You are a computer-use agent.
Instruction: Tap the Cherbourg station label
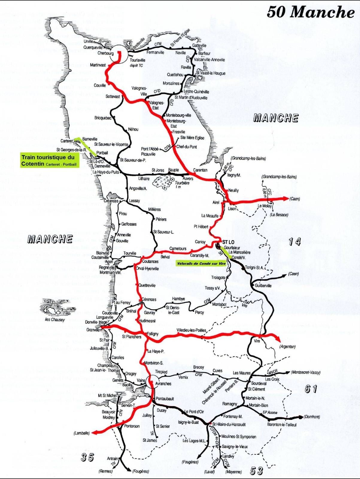click(105, 53)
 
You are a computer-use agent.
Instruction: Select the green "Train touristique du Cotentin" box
click(50, 160)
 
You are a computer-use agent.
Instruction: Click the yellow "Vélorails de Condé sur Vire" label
click(201, 263)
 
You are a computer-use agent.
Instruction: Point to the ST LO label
click(228, 242)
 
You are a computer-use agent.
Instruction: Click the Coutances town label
click(150, 261)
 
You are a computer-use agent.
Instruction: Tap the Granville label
click(93, 330)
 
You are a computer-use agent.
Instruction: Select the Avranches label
click(163, 383)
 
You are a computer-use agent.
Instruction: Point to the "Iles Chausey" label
click(55, 320)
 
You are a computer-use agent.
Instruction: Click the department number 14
click(294, 242)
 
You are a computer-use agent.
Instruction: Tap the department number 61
click(311, 389)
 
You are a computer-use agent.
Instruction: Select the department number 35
click(87, 457)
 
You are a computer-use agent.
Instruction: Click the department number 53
click(256, 471)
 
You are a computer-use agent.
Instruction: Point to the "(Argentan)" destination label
click(288, 347)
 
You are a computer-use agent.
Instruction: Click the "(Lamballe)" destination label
click(81, 433)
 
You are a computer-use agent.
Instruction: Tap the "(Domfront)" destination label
click(312, 417)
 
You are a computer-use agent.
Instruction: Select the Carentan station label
click(200, 170)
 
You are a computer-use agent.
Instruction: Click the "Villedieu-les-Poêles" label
click(192, 330)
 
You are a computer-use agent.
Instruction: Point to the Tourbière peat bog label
click(182, 183)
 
